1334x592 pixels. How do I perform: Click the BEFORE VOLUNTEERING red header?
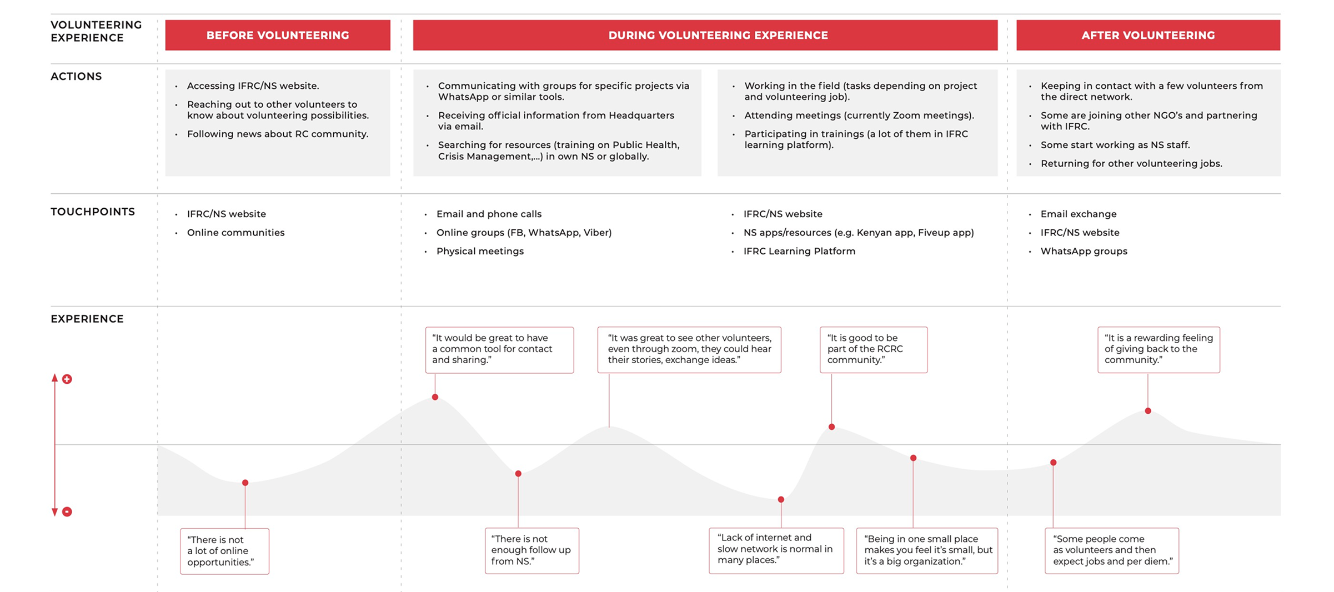point(278,35)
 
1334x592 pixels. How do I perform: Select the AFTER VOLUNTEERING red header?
point(1148,35)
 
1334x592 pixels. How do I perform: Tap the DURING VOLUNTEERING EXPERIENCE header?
point(718,35)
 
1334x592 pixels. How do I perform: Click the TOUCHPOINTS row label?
point(93,212)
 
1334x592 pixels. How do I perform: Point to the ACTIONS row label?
point(76,76)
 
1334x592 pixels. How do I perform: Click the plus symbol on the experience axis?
point(67,379)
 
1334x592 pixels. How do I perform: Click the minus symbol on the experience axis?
point(67,511)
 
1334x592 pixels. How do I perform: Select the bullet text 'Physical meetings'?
point(480,251)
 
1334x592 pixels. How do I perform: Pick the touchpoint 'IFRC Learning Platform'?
point(799,251)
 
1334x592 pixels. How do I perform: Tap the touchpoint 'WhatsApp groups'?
point(1084,251)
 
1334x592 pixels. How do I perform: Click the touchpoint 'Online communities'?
point(235,232)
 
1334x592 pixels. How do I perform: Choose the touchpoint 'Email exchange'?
point(1078,214)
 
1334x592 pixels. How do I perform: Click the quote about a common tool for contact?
point(499,349)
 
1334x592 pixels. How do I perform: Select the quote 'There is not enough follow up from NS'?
point(531,550)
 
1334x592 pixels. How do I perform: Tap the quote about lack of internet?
point(776,549)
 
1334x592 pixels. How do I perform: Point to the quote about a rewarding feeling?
point(1159,349)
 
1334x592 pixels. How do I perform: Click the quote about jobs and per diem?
point(1112,550)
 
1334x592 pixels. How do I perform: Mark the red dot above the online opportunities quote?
point(245,483)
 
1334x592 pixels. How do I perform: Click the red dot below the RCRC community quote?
point(831,427)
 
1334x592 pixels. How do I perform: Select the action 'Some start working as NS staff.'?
point(1115,145)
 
